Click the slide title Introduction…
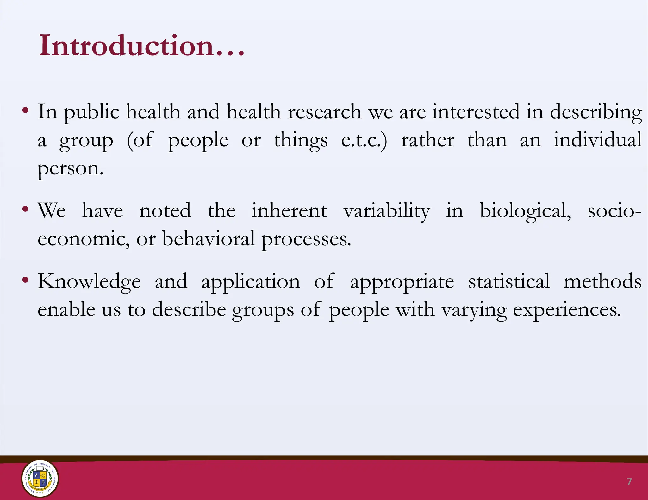point(141,46)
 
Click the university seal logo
point(40,478)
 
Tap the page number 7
point(629,482)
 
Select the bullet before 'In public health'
point(25,111)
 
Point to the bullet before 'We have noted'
point(25,209)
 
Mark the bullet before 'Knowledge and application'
point(25,280)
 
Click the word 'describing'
point(596,112)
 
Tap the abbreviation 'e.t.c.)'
point(364,140)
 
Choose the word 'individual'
point(597,140)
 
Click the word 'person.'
point(71,168)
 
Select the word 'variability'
point(387,211)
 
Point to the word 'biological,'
point(526,211)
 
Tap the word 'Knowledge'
point(89,282)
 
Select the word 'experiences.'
point(567,310)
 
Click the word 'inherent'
point(289,210)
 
